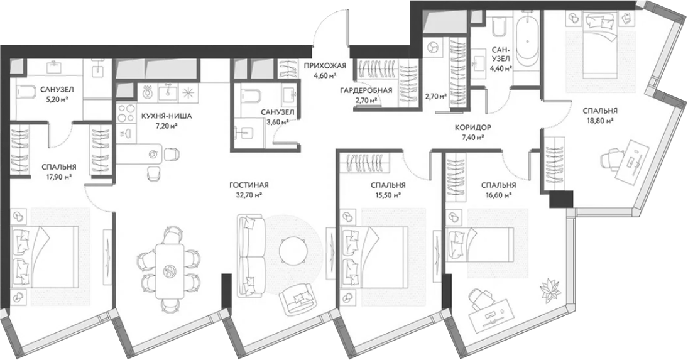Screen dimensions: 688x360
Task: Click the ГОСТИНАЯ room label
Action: coord(249,185)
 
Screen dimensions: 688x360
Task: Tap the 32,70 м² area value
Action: coord(249,195)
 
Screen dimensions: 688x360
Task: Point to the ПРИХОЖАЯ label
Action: coord(325,66)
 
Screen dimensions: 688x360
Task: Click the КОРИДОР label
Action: coord(472,128)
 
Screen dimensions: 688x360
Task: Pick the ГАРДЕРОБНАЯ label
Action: coord(366,90)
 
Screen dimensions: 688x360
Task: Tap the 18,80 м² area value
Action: coord(600,121)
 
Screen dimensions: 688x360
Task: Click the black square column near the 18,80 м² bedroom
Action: coord(561,200)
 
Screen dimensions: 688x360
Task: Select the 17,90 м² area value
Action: coord(59,177)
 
